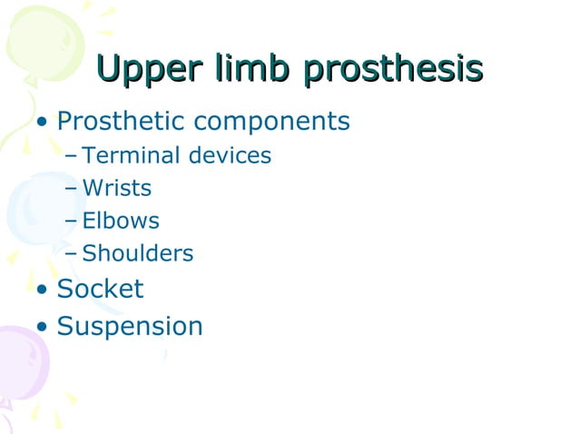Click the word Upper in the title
[x=150, y=71]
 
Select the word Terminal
[x=131, y=155]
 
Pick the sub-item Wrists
[x=117, y=188]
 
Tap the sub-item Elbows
[x=121, y=221]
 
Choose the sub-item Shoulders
[x=138, y=253]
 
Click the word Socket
[x=100, y=289]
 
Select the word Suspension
[x=130, y=327]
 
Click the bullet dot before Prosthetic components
[x=42, y=123]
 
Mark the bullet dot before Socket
[x=42, y=291]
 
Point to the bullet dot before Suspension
[x=42, y=327]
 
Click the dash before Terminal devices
[x=72, y=156]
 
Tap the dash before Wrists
[x=72, y=189]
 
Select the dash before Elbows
[x=72, y=222]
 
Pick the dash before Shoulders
[x=72, y=254]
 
